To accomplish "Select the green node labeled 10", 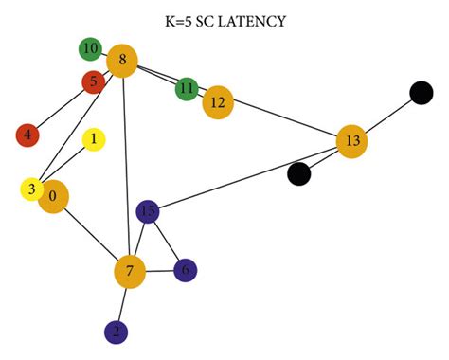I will (x=91, y=47).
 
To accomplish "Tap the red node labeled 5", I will (x=93, y=82).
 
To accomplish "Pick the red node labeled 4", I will (x=27, y=135).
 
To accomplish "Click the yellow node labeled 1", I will (x=94, y=140).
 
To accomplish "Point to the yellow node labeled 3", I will (x=32, y=189).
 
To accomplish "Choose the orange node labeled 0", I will (x=54, y=197).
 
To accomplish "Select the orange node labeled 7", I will (x=130, y=273).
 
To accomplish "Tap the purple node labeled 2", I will (x=116, y=332).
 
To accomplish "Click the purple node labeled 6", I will (x=186, y=270).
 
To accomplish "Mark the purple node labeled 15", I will (x=148, y=211).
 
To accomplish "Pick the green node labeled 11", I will (x=187, y=89).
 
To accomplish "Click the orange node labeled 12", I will (x=218, y=101).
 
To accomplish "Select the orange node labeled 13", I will (x=352, y=142).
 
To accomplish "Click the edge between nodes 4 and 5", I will (x=61, y=108).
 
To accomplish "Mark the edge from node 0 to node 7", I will (x=92, y=235).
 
